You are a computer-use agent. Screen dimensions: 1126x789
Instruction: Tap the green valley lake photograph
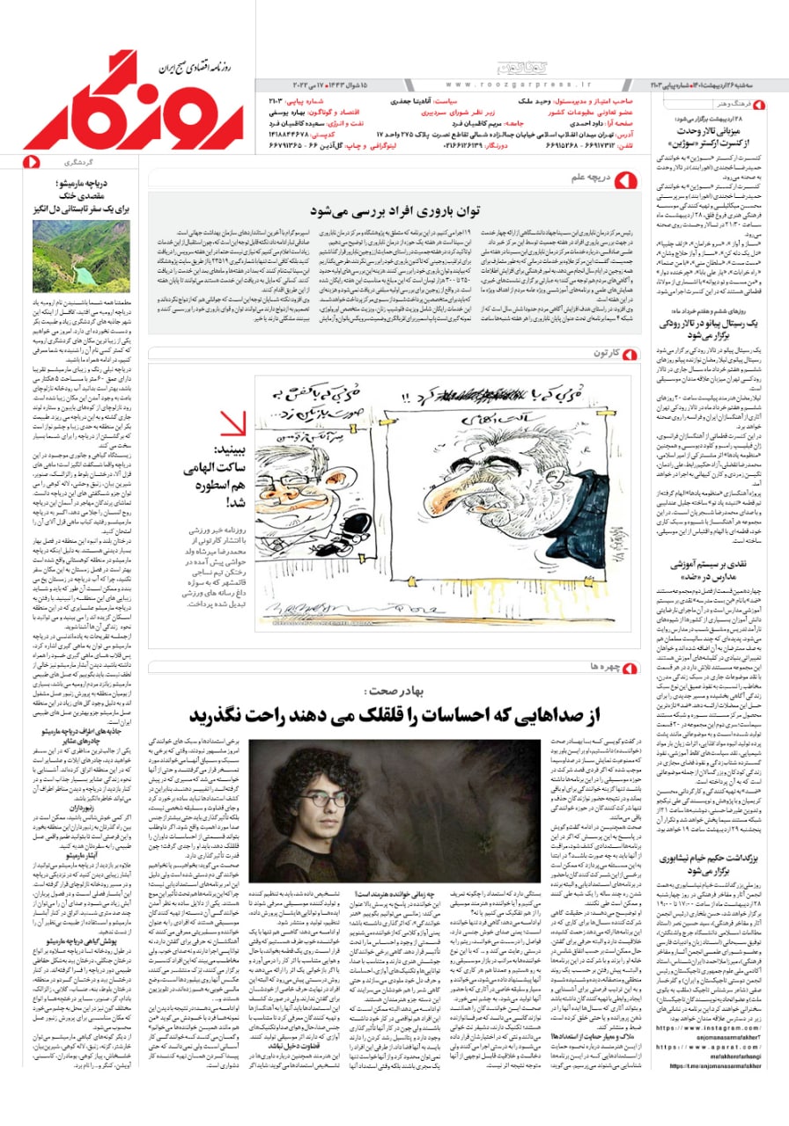(x=81, y=256)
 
